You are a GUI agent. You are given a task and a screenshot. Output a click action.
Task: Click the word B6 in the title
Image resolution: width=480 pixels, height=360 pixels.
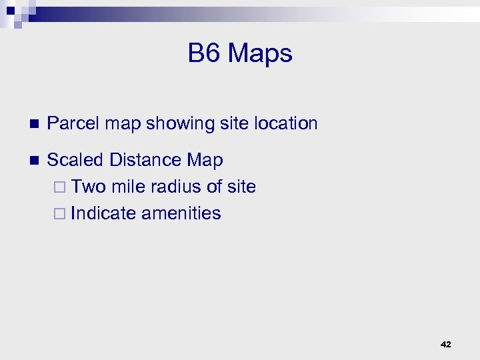click(203, 53)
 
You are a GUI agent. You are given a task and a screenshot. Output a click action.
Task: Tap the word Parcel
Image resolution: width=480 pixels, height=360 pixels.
click(73, 123)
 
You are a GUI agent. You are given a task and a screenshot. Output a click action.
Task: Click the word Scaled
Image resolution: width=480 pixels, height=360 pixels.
click(76, 160)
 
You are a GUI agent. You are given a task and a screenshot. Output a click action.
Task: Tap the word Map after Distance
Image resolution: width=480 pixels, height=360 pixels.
click(205, 161)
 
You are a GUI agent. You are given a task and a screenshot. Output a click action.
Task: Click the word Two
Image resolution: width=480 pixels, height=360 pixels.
click(89, 187)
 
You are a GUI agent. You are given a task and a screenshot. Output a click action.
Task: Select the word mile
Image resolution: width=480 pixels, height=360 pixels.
click(129, 187)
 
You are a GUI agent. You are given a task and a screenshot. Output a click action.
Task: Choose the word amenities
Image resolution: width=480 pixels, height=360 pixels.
click(181, 213)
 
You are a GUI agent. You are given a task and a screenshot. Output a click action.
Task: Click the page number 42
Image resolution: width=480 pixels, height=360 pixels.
click(446, 345)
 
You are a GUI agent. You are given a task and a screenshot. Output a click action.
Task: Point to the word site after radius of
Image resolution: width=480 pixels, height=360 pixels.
click(241, 187)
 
